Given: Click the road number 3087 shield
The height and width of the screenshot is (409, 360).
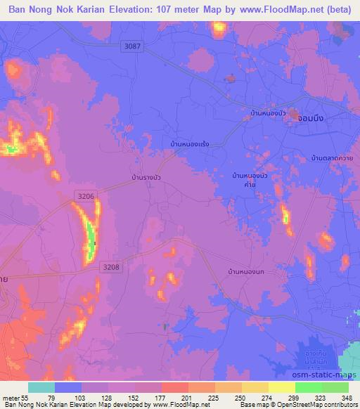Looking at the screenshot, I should point(132,46).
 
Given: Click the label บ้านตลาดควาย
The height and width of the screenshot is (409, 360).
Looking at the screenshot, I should point(332,158).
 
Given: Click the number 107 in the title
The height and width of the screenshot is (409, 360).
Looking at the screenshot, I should point(185,12).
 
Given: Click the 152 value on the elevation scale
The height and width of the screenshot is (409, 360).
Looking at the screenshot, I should point(134,397).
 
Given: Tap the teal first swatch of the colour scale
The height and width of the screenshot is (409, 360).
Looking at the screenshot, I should point(41,387).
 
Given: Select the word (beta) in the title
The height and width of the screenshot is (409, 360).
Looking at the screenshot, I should point(337,12).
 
